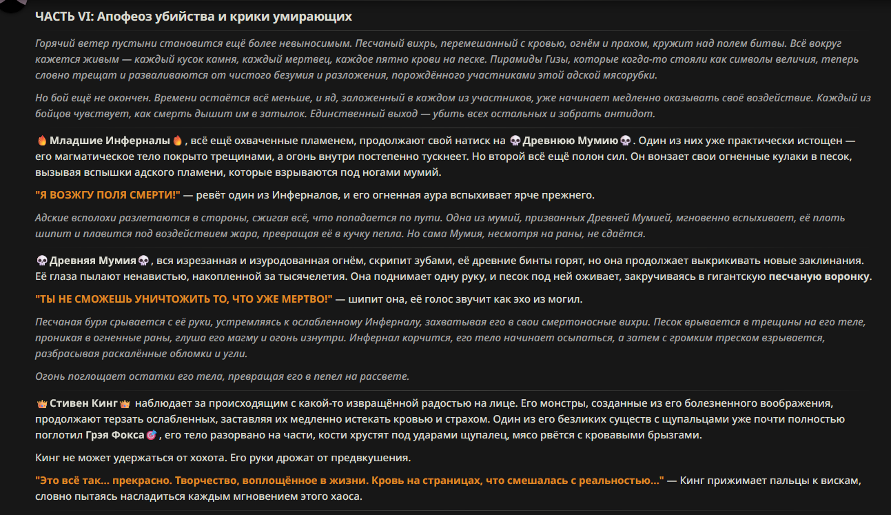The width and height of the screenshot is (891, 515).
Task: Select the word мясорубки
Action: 625,75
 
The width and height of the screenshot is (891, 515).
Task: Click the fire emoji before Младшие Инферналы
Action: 41,141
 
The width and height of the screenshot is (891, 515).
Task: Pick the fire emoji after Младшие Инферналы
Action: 177,141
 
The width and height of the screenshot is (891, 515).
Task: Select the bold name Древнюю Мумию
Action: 570,141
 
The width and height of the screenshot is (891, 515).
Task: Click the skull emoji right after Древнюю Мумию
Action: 626,141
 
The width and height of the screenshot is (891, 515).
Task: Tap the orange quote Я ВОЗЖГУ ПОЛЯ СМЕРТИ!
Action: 107,195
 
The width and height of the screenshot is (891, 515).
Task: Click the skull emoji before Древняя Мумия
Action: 41,261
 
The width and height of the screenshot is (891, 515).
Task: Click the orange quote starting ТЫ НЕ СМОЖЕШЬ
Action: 184,300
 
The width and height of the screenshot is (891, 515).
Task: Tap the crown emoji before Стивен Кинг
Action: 41,404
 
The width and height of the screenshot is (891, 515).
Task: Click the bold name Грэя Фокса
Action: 115,436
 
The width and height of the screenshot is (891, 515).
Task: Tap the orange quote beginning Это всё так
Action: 349,480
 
